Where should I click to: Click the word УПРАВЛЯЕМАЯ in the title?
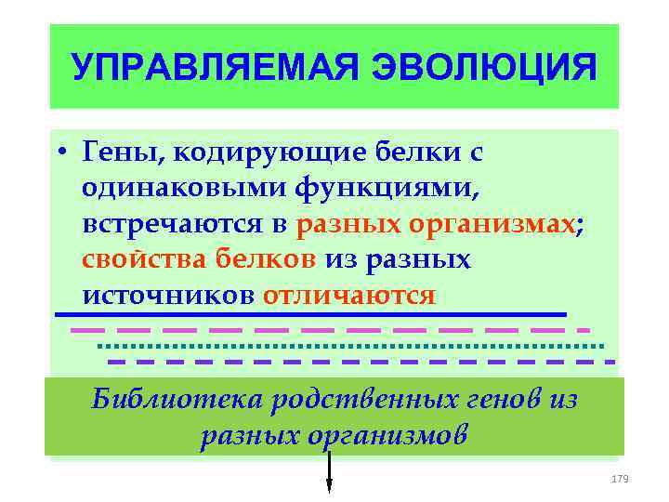(x=193, y=68)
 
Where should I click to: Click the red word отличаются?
(x=349, y=296)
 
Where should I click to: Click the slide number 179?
(x=621, y=478)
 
